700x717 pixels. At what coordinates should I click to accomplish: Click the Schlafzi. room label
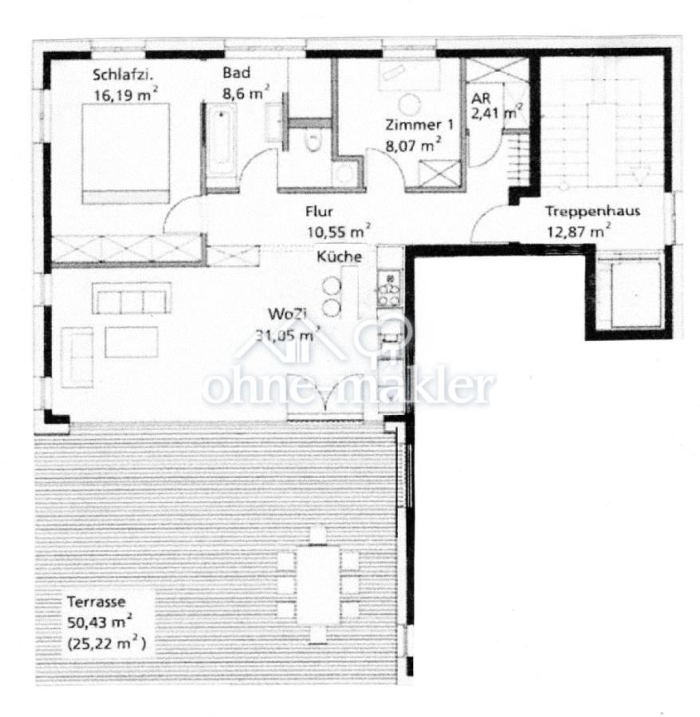(122, 75)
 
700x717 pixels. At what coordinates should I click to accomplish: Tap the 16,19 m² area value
(126, 95)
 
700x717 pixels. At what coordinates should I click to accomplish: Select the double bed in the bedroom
(126, 154)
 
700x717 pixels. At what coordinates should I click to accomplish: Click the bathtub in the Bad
(221, 145)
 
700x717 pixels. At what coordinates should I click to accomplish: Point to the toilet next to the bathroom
(313, 140)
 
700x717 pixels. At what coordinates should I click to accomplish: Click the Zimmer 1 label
(419, 124)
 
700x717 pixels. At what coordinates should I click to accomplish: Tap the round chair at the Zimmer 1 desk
(409, 104)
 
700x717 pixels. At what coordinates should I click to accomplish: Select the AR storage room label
(481, 98)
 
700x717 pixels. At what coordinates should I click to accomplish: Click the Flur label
(319, 211)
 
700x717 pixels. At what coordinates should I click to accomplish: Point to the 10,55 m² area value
(338, 231)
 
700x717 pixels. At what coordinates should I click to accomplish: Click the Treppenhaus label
(592, 211)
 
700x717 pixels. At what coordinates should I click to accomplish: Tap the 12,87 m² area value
(579, 231)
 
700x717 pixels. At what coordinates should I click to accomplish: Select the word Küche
(339, 257)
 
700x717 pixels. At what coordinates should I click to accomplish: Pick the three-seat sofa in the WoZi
(132, 298)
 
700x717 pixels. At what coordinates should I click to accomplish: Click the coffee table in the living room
(132, 342)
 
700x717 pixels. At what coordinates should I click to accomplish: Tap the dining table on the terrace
(318, 585)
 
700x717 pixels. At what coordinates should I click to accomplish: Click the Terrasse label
(96, 601)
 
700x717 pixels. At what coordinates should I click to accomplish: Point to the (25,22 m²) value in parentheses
(107, 644)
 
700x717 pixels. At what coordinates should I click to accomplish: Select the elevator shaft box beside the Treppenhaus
(636, 295)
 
